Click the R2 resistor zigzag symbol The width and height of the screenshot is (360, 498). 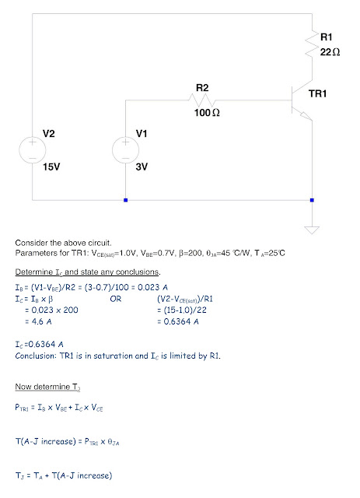pos(202,100)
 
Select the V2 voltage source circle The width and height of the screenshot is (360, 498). pos(33,150)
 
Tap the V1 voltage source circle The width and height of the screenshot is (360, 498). pos(125,150)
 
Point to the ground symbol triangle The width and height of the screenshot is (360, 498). pos(312,230)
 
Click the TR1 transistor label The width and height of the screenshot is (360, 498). pos(317,93)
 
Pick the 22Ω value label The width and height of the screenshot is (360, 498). pos(330,52)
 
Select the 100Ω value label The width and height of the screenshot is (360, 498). pos(207,112)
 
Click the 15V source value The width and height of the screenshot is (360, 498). pos(51,167)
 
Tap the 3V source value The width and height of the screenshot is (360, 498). pos(142,167)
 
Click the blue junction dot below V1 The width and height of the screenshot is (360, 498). pos(126,200)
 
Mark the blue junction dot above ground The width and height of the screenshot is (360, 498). pos(312,200)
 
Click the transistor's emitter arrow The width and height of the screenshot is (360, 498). pos(306,116)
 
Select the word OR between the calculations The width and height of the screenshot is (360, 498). pos(116,299)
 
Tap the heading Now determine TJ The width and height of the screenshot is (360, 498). pos(47,387)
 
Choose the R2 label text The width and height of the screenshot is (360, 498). pos(202,88)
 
